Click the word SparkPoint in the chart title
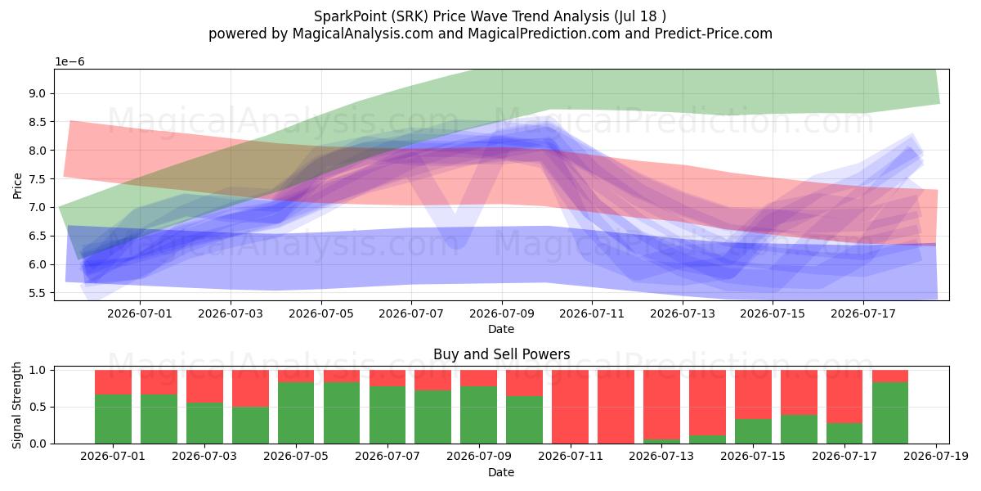(350, 16)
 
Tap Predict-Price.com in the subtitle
(714, 34)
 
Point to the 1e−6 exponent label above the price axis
(69, 62)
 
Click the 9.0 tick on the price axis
(38, 93)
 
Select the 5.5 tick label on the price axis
(38, 293)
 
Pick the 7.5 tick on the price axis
(38, 179)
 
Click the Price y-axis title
(17, 186)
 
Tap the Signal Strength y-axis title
(16, 406)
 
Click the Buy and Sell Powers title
(501, 354)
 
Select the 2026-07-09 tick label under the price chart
(502, 314)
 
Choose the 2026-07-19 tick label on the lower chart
(936, 457)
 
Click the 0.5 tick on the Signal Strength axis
(38, 407)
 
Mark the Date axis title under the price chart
(501, 329)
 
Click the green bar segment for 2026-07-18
(890, 413)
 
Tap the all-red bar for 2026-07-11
(570, 407)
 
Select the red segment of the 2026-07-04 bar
(250, 389)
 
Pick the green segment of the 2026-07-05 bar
(296, 413)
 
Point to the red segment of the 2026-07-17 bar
(844, 396)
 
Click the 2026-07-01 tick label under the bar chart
(113, 457)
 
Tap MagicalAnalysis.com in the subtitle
(362, 34)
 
